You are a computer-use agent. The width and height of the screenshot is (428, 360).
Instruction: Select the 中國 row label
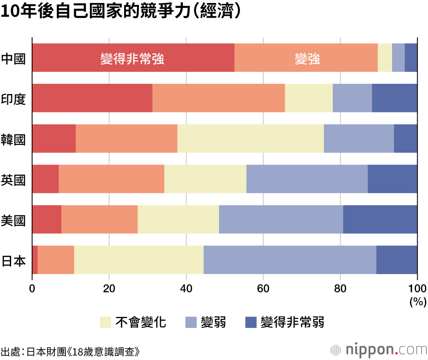tap(13, 58)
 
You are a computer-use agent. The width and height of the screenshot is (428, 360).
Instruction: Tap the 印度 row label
tap(13, 98)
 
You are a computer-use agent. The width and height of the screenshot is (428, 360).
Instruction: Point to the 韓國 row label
tap(13, 139)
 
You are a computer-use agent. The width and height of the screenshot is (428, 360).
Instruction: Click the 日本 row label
tap(13, 260)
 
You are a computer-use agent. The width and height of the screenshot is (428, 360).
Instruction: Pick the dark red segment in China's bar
tap(133, 58)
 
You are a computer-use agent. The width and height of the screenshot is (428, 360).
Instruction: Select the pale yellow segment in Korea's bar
tap(250, 139)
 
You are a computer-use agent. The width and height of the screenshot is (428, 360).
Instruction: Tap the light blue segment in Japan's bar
tap(290, 260)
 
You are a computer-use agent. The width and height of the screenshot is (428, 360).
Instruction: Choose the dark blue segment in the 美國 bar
tap(380, 219)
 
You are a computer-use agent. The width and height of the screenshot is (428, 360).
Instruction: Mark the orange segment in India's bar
tap(218, 98)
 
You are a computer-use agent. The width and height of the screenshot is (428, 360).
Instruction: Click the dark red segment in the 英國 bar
tap(45, 179)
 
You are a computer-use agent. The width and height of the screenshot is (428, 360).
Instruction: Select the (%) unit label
tap(418, 302)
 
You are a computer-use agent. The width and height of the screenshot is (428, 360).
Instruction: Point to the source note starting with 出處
tap(71, 352)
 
